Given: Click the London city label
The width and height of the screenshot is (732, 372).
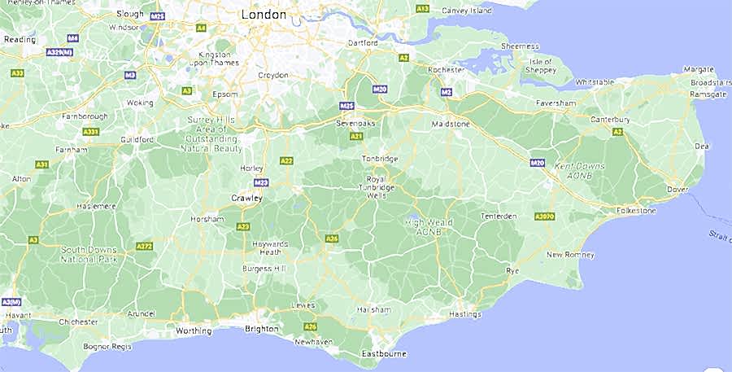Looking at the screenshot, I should [x=264, y=15].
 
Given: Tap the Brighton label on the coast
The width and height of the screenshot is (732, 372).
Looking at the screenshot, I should [x=261, y=330].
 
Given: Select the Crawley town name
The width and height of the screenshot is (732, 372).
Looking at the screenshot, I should [x=246, y=198].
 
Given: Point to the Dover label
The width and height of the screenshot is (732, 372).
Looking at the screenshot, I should [x=677, y=190].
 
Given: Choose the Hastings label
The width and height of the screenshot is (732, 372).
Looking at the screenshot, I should [x=464, y=314].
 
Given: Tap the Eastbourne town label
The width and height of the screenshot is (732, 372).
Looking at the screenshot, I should [x=384, y=353].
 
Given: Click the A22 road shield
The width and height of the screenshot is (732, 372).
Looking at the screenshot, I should [x=285, y=161].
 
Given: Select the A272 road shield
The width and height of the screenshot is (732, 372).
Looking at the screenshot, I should [x=144, y=246].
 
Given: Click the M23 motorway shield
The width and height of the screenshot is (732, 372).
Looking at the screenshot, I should [x=261, y=183].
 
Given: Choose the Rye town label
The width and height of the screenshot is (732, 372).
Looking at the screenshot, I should [x=512, y=269].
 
